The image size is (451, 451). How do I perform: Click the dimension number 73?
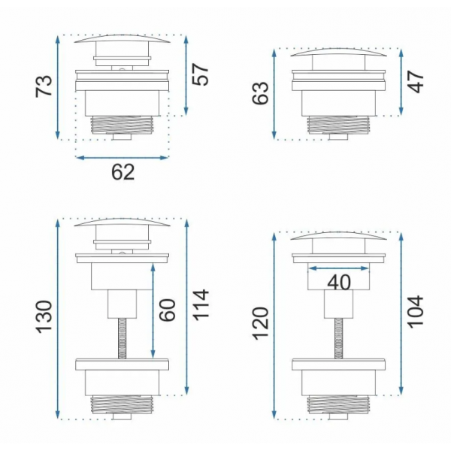click(x=44, y=86)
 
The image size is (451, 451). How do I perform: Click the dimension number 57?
click(x=200, y=74)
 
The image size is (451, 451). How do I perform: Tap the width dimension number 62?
click(x=123, y=172)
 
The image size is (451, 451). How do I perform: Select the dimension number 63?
click(x=260, y=93)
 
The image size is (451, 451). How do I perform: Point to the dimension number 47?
click(x=416, y=82)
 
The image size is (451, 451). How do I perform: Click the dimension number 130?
click(x=44, y=317)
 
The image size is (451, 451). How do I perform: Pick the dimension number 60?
click(x=167, y=310)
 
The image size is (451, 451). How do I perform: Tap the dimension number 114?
click(x=200, y=305)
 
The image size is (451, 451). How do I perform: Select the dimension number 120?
click(x=260, y=323)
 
